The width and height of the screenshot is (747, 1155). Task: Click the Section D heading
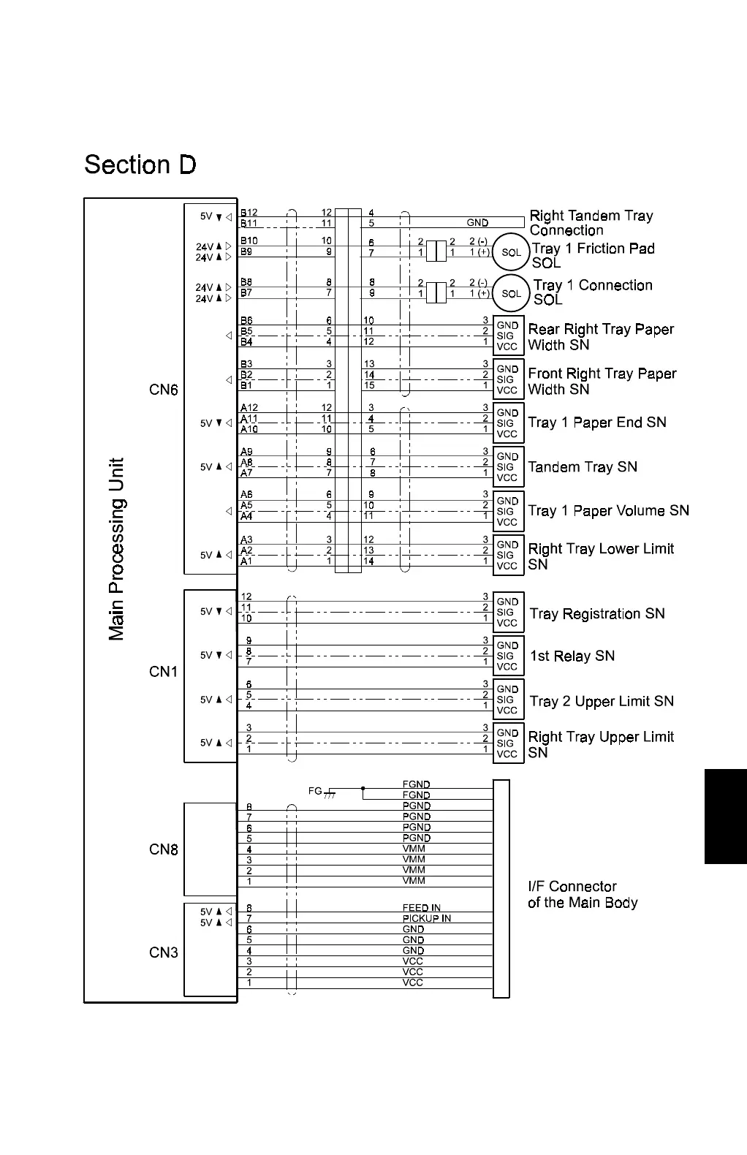[140, 164]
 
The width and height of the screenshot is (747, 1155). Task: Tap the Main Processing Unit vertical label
[117, 549]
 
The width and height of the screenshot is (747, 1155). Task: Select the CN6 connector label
[164, 390]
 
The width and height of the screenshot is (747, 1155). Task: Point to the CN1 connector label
[164, 671]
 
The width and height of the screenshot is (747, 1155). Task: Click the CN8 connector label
[164, 849]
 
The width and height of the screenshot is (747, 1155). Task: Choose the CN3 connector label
[164, 953]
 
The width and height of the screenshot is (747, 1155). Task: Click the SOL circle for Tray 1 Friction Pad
[511, 253]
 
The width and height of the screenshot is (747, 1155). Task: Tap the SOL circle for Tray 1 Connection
[511, 294]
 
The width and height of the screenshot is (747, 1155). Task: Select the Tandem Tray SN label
[583, 467]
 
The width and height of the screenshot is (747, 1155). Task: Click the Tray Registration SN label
[597, 614]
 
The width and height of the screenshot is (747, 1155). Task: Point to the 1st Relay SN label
[572, 656]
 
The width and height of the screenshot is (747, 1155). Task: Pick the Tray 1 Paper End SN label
[597, 423]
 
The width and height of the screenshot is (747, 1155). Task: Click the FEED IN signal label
[422, 908]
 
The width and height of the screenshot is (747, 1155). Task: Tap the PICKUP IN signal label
[427, 918]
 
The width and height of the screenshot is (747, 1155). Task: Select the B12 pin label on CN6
[249, 213]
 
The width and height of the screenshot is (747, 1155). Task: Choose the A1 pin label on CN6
[246, 561]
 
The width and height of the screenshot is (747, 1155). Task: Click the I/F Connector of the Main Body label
[583, 895]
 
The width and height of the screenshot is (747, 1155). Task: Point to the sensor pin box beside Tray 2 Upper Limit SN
[508, 700]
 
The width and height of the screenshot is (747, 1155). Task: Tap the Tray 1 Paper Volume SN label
[609, 511]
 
